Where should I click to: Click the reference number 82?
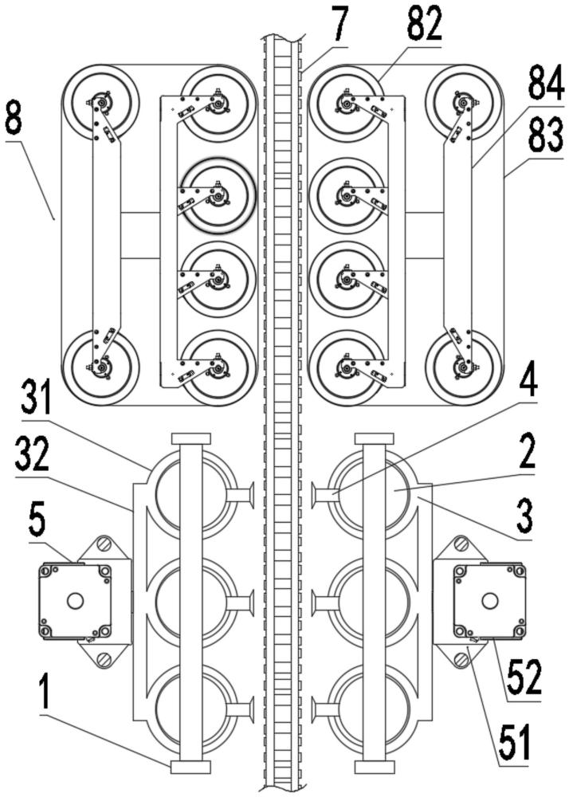(424, 25)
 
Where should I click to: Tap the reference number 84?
(546, 85)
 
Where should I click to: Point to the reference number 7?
(339, 24)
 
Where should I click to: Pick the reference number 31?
(36, 399)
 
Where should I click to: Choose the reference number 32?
(32, 455)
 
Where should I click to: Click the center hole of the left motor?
(75, 601)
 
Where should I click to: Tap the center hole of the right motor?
(490, 601)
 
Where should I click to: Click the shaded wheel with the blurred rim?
(218, 196)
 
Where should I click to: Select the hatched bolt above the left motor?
(104, 544)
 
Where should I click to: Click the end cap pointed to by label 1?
(190, 767)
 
